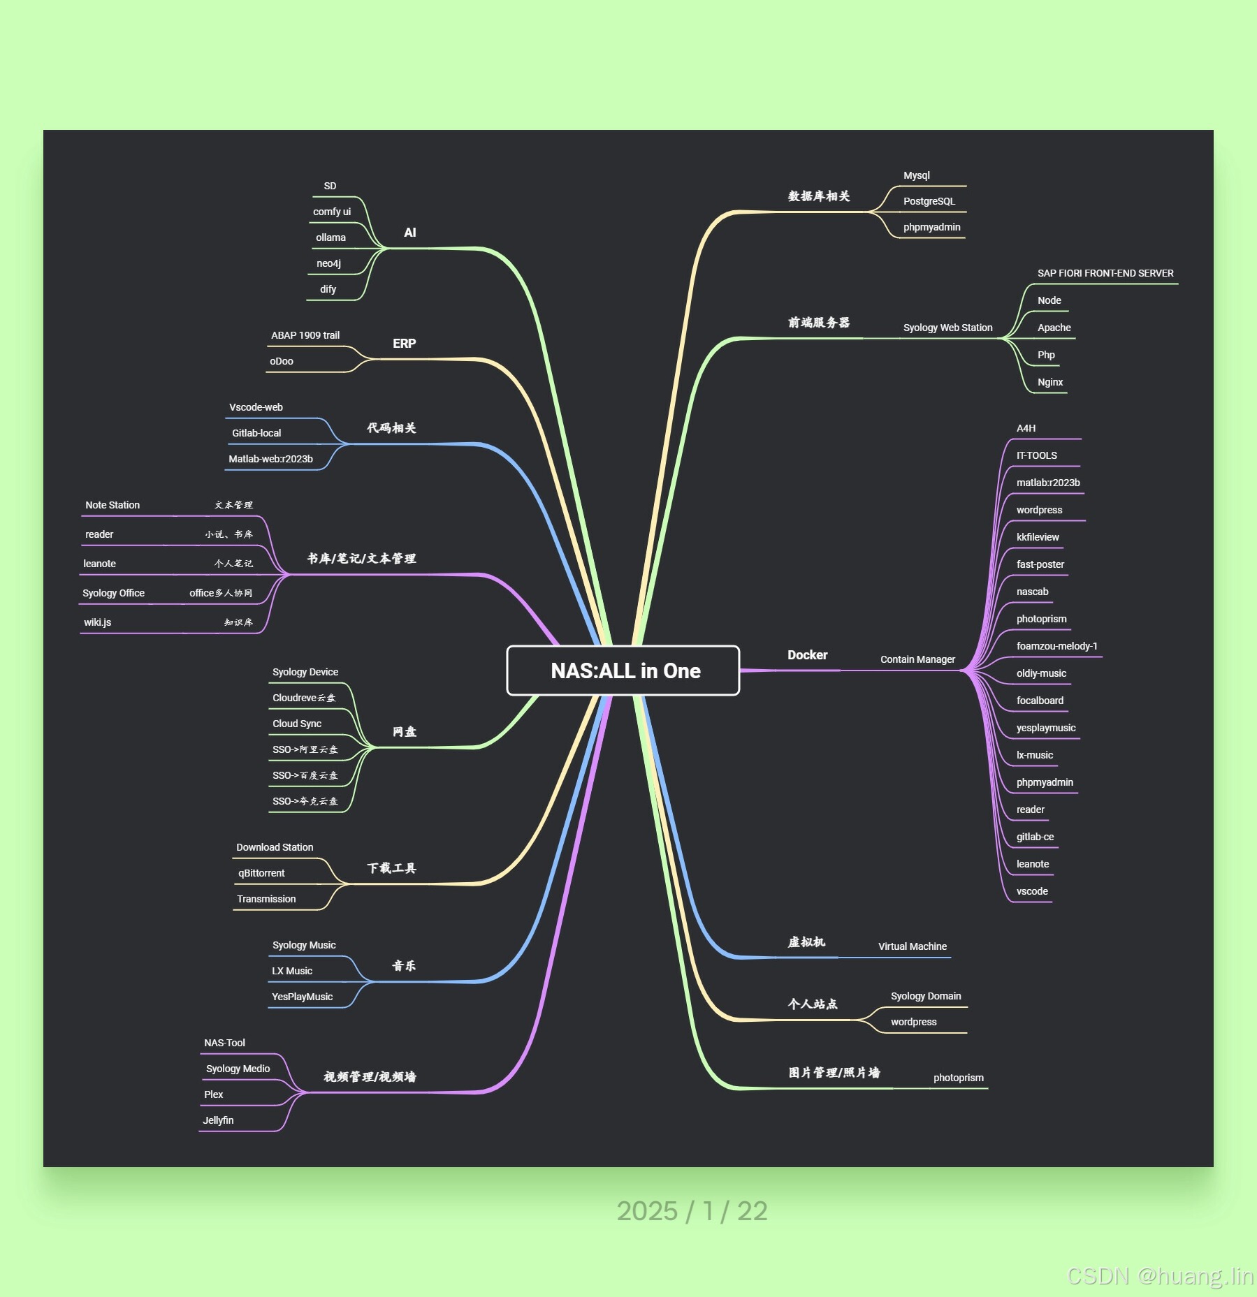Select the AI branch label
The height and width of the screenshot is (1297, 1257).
pos(410,233)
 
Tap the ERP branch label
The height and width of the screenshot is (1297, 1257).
pos(404,344)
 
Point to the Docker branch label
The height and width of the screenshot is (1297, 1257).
pos(807,655)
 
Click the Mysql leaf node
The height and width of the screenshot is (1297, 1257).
pos(916,176)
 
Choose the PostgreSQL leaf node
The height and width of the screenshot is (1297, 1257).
pos(929,202)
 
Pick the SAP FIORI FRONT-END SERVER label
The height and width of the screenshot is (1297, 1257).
pos(1105,274)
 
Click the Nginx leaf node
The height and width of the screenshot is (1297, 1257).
pos(1049,383)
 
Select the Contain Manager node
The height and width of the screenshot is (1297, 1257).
pos(917,660)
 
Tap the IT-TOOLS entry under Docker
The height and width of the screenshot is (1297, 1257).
pos(1036,456)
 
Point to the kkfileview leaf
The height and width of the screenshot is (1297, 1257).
pos(1037,538)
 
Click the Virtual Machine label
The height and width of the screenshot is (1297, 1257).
pos(912,947)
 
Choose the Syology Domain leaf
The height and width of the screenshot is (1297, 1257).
pos(925,997)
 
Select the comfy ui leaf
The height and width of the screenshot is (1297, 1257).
pos(332,212)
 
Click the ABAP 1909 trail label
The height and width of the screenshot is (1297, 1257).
pos(305,336)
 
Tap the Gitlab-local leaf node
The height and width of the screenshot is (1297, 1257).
pos(256,434)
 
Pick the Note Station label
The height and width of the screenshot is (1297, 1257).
pos(112,506)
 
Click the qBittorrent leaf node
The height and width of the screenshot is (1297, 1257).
pos(261,874)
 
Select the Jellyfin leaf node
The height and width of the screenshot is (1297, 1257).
pos(218,1121)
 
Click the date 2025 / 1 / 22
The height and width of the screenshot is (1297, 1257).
pos(692,1211)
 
